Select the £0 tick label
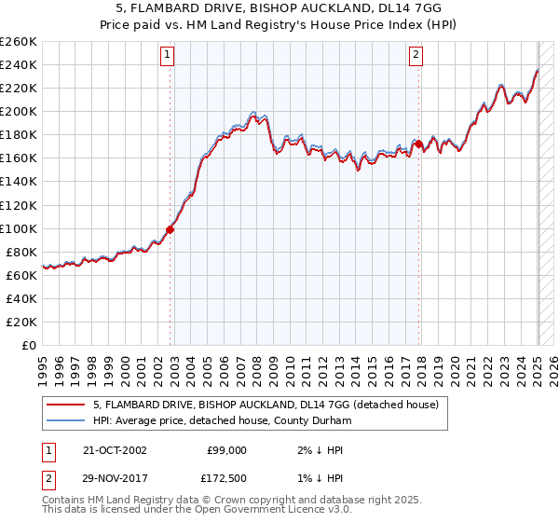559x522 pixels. (30, 345)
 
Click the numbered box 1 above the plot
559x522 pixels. (168, 55)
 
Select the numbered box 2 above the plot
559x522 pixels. (416, 55)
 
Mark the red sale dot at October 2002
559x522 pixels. (170, 229)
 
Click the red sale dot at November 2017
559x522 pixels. (419, 144)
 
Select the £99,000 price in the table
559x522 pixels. (226, 450)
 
